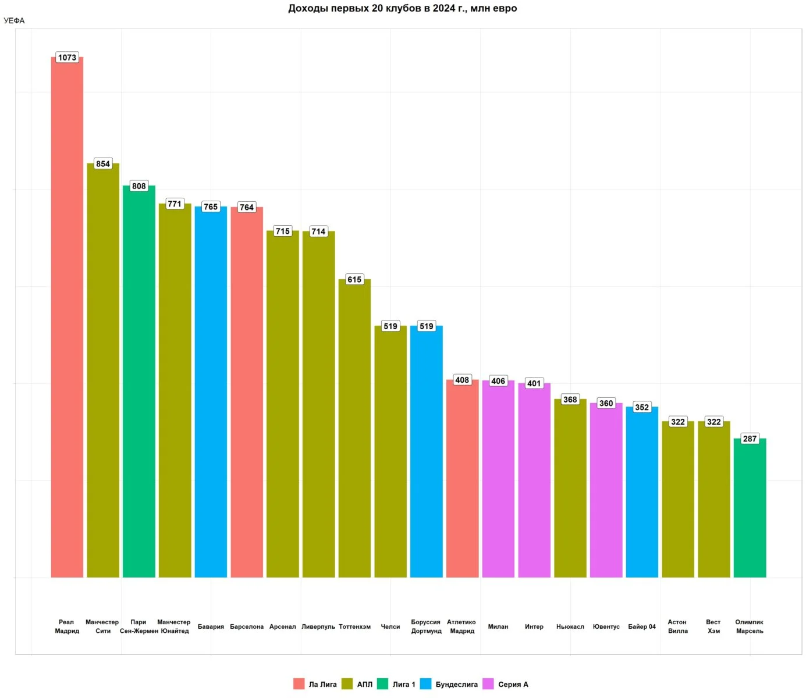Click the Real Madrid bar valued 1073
coord(67,317)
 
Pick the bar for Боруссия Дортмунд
coord(426,451)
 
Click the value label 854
coord(103,164)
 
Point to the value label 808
coord(139,186)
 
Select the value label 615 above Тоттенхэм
coord(354,280)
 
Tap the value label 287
coord(750,439)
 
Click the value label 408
coord(462,380)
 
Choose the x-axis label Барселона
coord(247,627)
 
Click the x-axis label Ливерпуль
coord(318,627)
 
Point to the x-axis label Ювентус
coord(606,627)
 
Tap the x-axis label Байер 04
coord(642,627)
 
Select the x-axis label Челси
coord(390,627)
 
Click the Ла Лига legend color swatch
coord(299,684)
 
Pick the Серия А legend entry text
coord(513,685)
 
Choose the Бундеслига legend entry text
coord(456,685)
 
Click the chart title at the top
coord(403,8)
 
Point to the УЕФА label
coord(14,21)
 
